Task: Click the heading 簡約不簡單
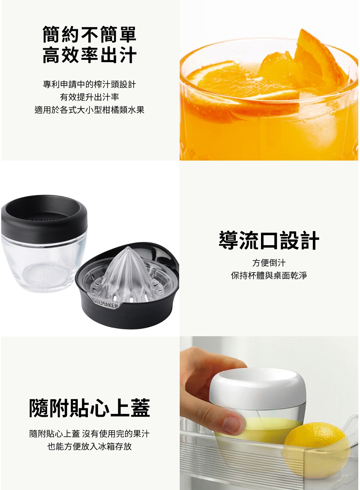click(89, 34)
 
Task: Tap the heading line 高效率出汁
click(89, 55)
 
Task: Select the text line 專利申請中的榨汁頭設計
click(89, 84)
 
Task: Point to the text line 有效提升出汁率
click(89, 97)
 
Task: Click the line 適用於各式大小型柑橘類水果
click(89, 109)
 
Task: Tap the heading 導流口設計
click(269, 240)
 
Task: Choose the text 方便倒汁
click(269, 263)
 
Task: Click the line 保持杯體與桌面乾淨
click(269, 275)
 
